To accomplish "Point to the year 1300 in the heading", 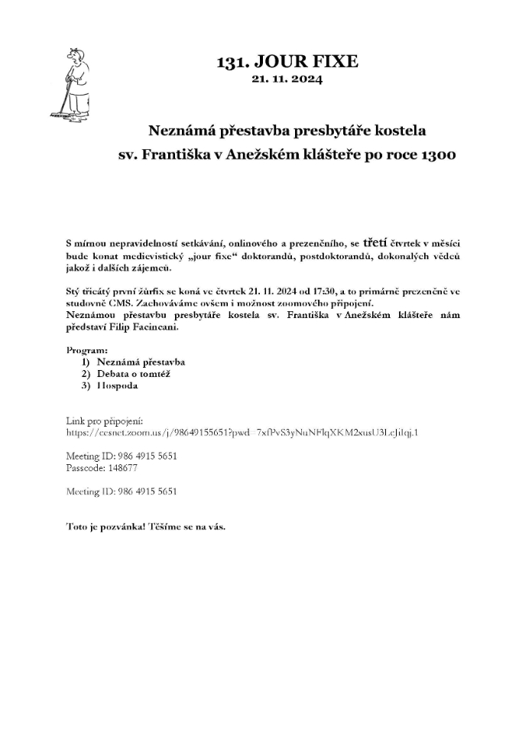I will coord(438,155).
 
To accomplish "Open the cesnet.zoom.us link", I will coord(242,433).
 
